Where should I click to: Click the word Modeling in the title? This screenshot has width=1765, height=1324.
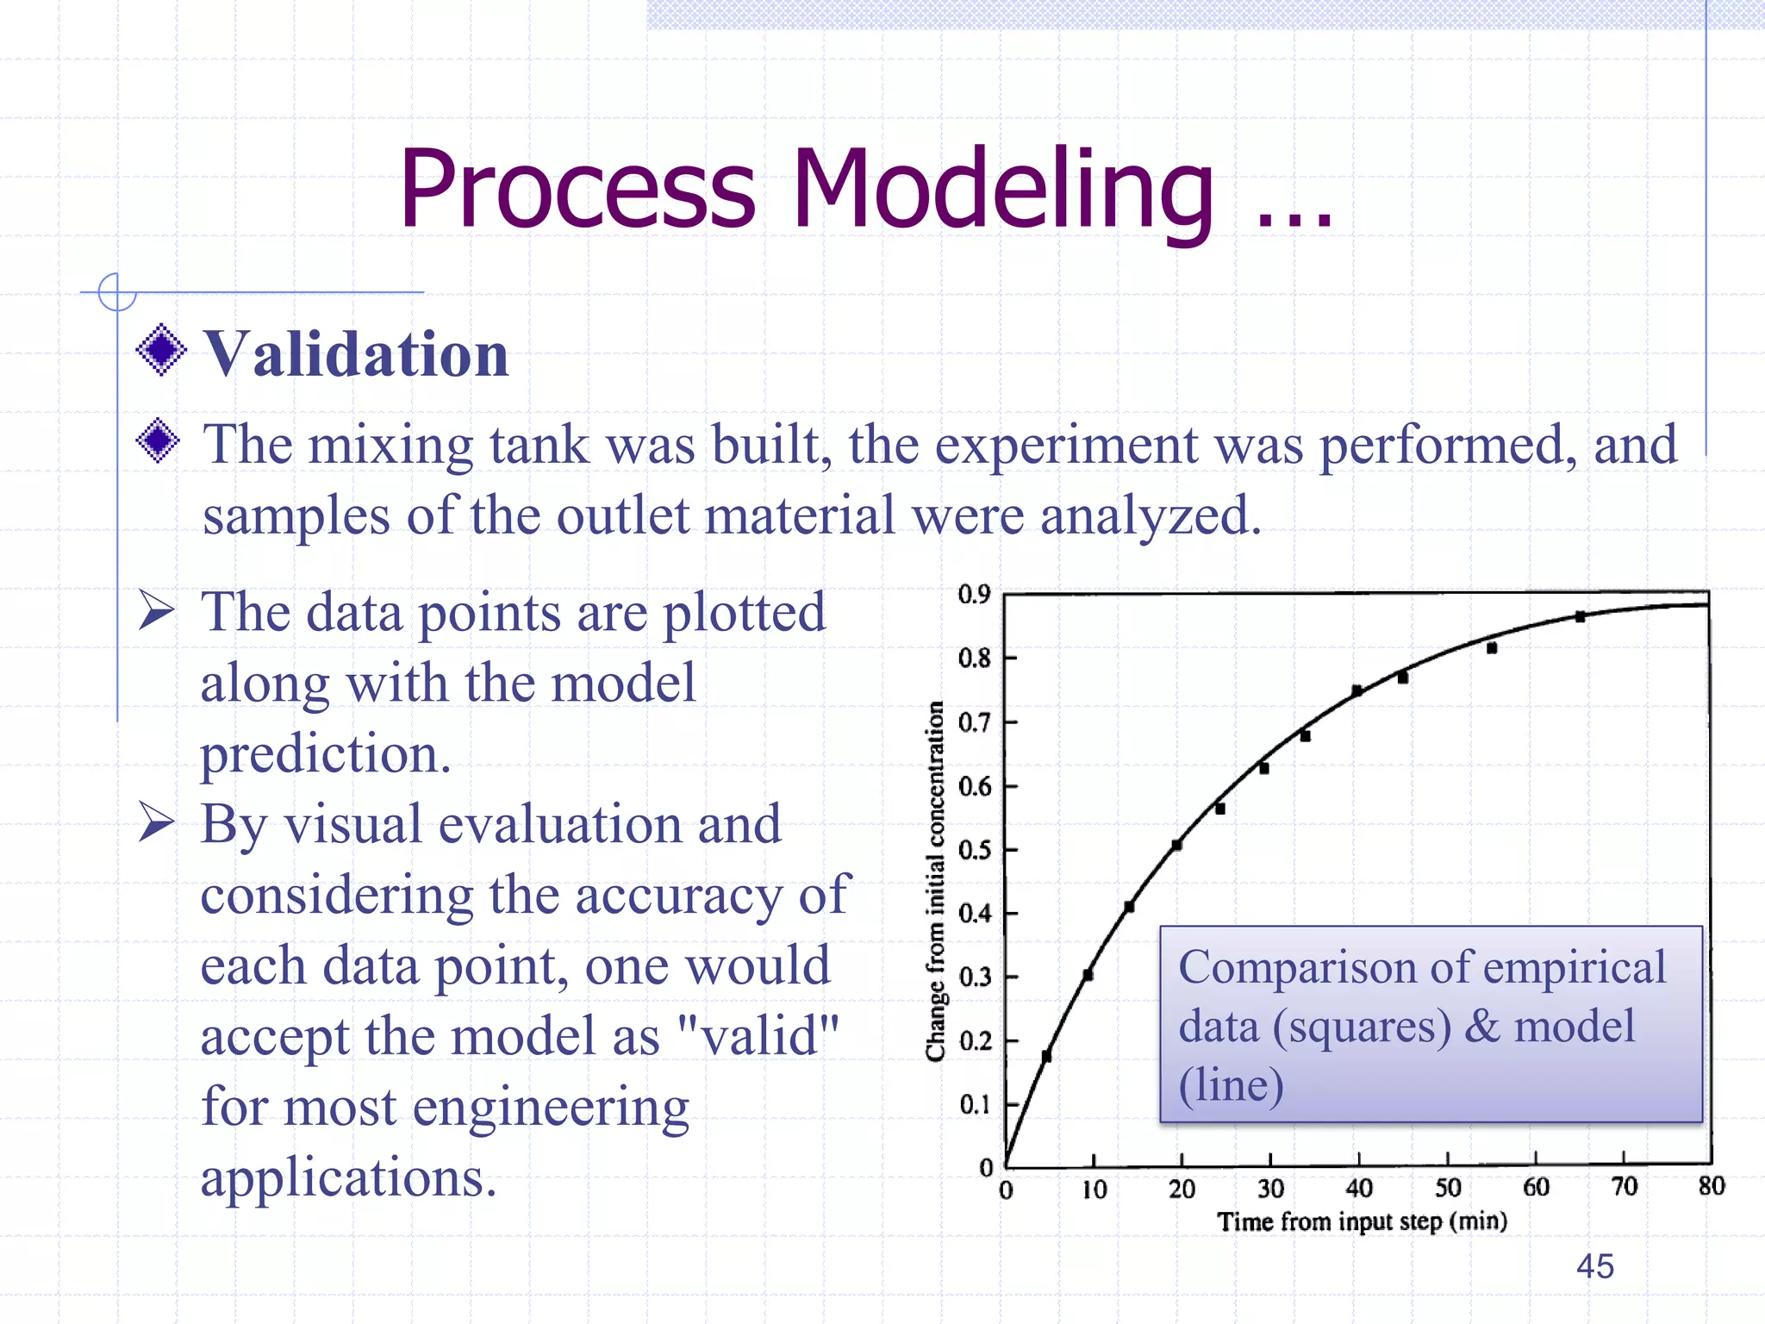pyautogui.click(x=1003, y=190)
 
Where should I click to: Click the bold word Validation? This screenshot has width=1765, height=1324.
pyautogui.click(x=356, y=354)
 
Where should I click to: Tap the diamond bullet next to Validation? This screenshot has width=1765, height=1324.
pyautogui.click(x=161, y=350)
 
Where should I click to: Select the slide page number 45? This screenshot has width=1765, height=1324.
pyautogui.click(x=1594, y=1266)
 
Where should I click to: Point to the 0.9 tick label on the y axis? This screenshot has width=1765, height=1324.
pyautogui.click(x=974, y=594)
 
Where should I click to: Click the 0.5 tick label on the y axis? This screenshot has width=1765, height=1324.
pyautogui.click(x=974, y=850)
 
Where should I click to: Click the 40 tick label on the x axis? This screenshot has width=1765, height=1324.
pyautogui.click(x=1359, y=1189)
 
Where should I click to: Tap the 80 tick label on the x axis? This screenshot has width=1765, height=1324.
pyautogui.click(x=1712, y=1186)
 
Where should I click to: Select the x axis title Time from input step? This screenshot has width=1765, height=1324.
pyautogui.click(x=1362, y=1221)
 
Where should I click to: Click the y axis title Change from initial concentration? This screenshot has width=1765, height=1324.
pyautogui.click(x=935, y=879)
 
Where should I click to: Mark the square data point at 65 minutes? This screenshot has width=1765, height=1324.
pyautogui.click(x=1580, y=616)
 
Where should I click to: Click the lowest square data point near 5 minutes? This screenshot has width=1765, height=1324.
pyautogui.click(x=1046, y=1056)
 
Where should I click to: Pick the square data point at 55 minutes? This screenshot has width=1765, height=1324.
pyautogui.click(x=1492, y=647)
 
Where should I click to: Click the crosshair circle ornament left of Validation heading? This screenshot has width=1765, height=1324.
pyautogui.click(x=116, y=291)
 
